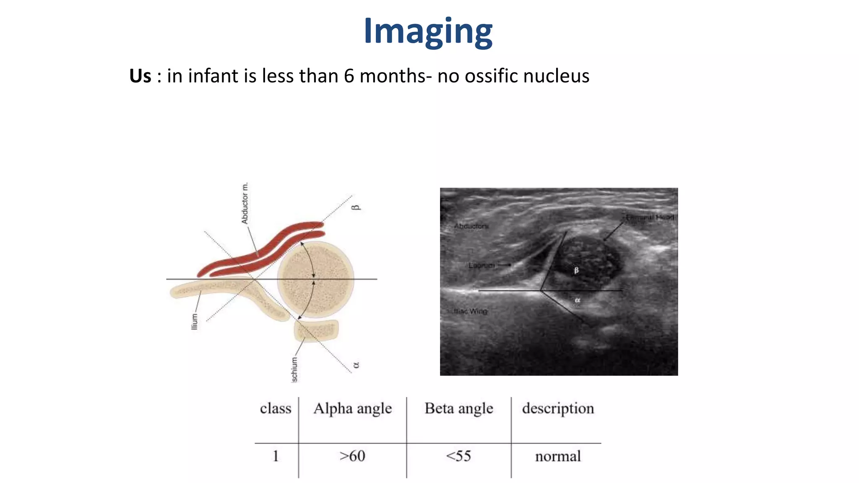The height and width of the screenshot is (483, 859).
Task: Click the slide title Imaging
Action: [428, 32]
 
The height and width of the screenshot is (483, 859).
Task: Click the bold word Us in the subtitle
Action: [140, 76]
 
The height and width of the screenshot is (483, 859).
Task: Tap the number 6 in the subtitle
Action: [349, 76]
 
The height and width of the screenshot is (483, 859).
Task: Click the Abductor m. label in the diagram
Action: [245, 203]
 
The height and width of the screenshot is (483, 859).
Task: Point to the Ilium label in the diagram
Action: [194, 321]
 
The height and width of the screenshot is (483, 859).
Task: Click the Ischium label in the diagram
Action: [294, 370]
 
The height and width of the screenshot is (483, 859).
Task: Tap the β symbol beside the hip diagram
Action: [355, 207]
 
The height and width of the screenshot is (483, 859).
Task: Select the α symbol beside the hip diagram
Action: [356, 365]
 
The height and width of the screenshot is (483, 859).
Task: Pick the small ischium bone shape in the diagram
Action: [317, 330]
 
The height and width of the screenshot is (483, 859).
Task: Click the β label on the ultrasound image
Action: [576, 271]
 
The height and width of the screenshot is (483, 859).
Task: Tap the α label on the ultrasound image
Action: [577, 300]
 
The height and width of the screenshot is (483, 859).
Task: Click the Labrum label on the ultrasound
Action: [482, 265]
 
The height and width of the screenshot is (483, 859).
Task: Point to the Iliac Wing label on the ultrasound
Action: [471, 312]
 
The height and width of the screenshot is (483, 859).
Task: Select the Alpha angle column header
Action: [352, 409]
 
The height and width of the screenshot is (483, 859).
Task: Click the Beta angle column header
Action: [459, 409]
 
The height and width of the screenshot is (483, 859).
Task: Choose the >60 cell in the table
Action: [352, 456]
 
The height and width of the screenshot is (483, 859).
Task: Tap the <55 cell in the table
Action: [458, 456]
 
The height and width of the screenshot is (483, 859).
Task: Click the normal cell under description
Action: [558, 456]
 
